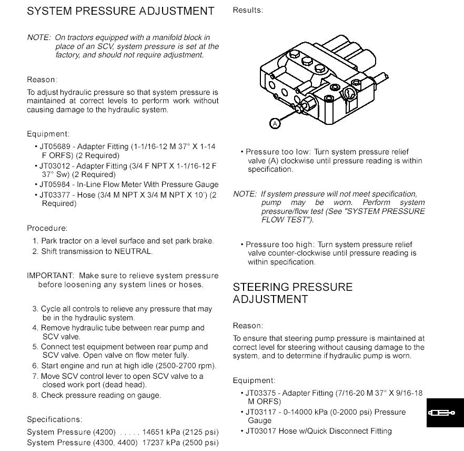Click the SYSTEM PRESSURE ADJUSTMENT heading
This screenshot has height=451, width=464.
pos(120,11)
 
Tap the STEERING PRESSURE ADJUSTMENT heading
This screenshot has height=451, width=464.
pos(292,293)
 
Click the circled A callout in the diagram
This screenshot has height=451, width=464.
pos(275,123)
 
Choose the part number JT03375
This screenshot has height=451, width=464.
pos(261,393)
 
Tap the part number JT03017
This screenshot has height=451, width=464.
pos(261,431)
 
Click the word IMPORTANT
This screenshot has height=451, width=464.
pos(51,276)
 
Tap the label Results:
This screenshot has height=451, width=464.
pos(248,10)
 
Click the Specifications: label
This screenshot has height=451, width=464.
pos(55,419)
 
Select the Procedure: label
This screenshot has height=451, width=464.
pos(47,228)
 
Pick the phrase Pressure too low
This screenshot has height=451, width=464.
pos(278,152)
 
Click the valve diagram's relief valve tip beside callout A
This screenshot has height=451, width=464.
pos(301,109)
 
